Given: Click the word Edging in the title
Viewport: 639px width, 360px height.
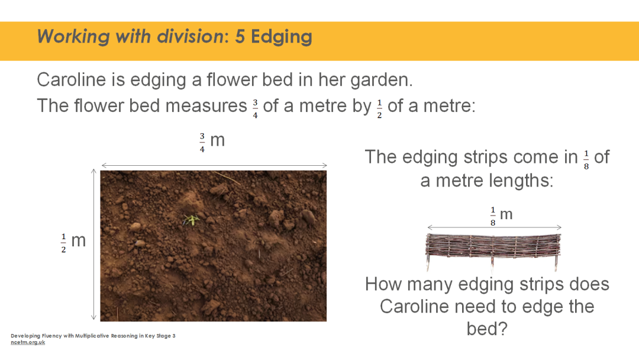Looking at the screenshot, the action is coord(282,37).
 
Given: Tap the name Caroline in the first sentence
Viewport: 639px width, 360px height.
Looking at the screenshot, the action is coord(72,79).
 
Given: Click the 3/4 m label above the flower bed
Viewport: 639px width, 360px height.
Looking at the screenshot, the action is coord(212,142).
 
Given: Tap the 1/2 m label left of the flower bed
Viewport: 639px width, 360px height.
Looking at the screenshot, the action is coord(73,242).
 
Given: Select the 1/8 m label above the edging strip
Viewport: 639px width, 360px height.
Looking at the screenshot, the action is coord(501,216).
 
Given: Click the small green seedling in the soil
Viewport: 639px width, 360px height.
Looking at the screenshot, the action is coord(191,220).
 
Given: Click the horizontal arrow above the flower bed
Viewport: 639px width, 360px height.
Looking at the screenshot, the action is coord(214,166).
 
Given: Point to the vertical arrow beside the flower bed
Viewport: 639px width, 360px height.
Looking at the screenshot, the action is coord(93,245).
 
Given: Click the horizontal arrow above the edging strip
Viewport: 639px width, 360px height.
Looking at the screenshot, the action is coord(494,227).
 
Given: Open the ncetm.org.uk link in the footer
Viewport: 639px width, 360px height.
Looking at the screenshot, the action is coord(28,342).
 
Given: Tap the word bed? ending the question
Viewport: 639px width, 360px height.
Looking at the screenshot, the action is coord(487,329).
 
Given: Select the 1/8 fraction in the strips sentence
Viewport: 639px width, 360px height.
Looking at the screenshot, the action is coord(586,160).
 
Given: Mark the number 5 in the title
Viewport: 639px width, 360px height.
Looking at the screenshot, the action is coord(240,37).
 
